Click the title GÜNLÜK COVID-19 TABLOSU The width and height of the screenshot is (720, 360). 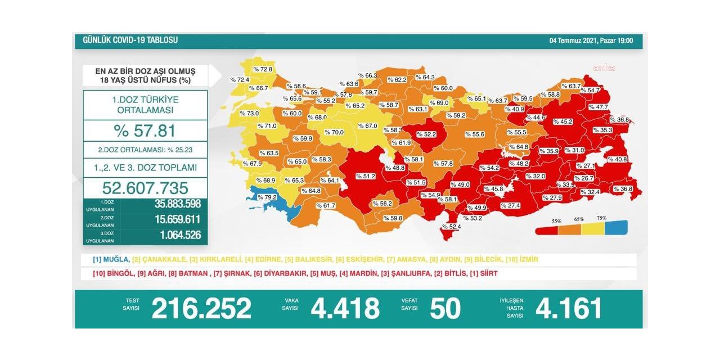(x=130, y=40)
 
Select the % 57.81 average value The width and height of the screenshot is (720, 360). (x=145, y=130)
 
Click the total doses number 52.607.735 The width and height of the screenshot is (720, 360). (x=145, y=188)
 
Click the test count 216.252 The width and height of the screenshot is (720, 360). (x=201, y=308)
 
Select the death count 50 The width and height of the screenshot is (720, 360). (x=445, y=308)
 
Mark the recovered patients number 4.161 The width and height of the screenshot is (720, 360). (x=569, y=308)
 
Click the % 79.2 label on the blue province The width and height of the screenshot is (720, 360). (x=267, y=197)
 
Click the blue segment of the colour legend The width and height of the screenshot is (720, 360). (x=615, y=228)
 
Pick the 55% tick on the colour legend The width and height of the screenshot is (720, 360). (x=556, y=220)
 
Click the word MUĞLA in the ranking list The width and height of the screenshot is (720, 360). (x=116, y=260)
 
